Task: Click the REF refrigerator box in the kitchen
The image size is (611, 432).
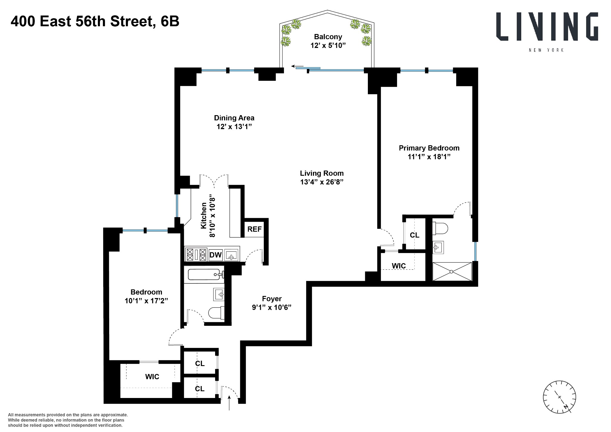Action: point(254,229)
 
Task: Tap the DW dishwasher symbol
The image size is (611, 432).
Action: point(215,255)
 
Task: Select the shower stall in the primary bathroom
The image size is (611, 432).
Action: point(452,271)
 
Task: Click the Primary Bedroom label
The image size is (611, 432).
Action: point(429,148)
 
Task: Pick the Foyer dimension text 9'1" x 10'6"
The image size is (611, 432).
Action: point(271,307)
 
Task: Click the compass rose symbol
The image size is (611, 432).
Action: point(559,397)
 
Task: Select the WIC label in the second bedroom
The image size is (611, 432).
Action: point(152,377)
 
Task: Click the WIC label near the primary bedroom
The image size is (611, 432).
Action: point(399,266)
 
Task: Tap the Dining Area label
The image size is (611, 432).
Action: point(234,118)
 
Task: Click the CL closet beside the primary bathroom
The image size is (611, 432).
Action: point(414,235)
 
